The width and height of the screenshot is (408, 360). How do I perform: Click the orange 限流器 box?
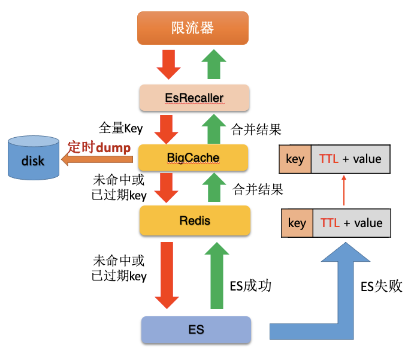193,28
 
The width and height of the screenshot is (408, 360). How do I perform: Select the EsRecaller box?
194,97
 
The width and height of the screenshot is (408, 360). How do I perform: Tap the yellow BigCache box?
193,158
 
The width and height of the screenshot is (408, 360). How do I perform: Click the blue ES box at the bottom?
196,329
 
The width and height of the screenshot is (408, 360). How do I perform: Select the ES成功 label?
251,285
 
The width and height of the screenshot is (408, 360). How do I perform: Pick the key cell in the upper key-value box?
295,159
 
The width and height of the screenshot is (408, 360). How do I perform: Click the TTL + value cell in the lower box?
351,223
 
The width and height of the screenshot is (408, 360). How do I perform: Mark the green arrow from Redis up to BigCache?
214,187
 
